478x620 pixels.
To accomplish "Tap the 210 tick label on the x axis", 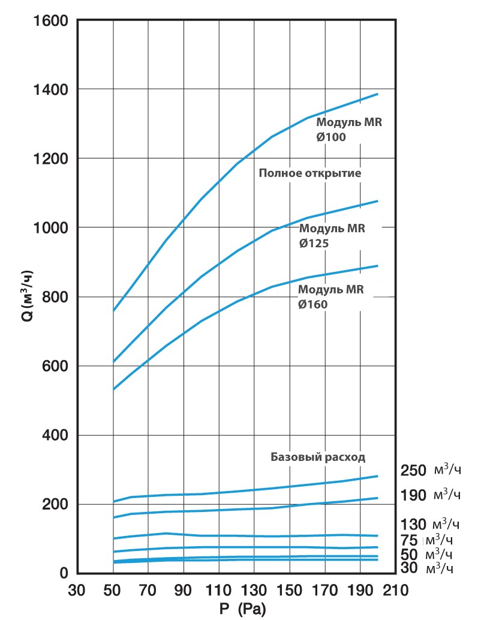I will click(x=395, y=589).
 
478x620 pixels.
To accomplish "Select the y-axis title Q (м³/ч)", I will click(x=28, y=297).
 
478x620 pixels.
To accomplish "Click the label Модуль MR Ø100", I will click(x=348, y=130).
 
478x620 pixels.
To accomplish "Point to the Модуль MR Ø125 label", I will click(x=332, y=236).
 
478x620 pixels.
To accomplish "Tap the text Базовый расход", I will click(x=318, y=457).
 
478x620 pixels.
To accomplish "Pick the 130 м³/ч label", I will click(x=429, y=523).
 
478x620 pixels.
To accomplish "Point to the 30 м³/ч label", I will click(x=429, y=568).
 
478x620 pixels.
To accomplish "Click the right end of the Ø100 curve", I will click(x=377, y=94).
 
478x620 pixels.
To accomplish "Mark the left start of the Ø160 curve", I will click(x=114, y=389).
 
